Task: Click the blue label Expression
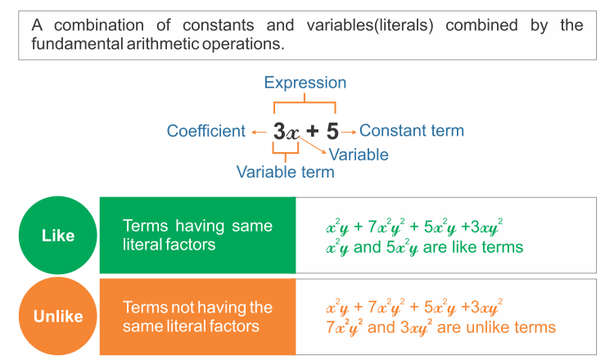tap(305, 83)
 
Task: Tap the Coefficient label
tap(206, 131)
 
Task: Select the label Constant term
tap(412, 131)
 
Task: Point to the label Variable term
tap(286, 172)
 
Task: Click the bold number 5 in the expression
tap(332, 131)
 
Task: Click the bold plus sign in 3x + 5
tap(313, 131)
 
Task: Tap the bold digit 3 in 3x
tap(279, 131)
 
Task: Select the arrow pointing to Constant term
tap(349, 133)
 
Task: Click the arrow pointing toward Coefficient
tap(259, 133)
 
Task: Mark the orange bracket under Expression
tap(305, 102)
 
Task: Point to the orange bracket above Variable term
tap(286, 153)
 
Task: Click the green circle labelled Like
tap(58, 235)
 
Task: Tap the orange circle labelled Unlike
tap(58, 316)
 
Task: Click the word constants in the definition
tap(218, 25)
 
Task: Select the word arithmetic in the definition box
tap(163, 44)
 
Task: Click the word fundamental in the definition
tap(77, 44)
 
